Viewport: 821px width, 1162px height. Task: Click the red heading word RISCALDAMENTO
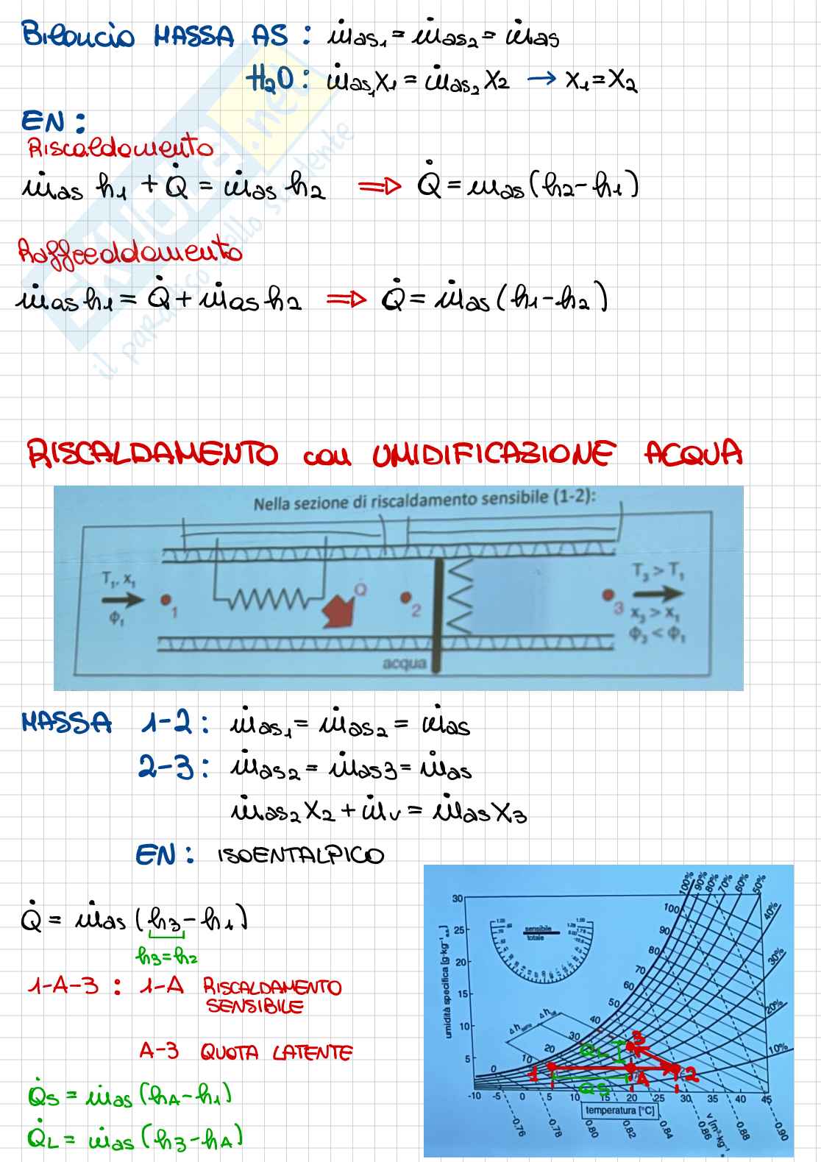click(x=152, y=454)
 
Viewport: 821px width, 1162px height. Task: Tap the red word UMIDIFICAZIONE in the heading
click(x=492, y=454)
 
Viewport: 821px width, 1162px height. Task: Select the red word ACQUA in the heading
click(x=693, y=453)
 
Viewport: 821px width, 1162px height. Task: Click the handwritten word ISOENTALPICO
click(x=301, y=856)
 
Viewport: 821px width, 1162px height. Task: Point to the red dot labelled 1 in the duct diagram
click(x=165, y=599)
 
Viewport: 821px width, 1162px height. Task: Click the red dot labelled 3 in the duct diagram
click(x=608, y=594)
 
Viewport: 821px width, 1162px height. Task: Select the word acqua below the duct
click(x=405, y=664)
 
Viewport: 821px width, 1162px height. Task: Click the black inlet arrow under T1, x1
click(x=123, y=599)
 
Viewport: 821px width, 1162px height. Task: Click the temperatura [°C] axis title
click(x=620, y=1110)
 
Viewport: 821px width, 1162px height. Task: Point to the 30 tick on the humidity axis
click(x=458, y=899)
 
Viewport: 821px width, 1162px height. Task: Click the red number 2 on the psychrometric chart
click(x=690, y=1074)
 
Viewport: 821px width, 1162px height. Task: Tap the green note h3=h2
click(x=167, y=957)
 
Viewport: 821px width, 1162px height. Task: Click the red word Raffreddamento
click(x=130, y=252)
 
